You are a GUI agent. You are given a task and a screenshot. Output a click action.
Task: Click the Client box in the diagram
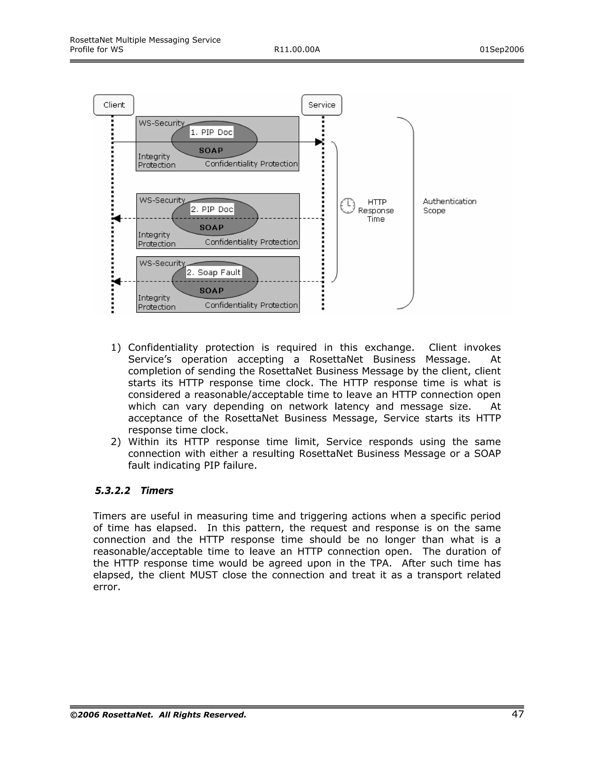[x=114, y=105]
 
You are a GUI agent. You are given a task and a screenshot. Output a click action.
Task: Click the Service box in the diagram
[x=322, y=105]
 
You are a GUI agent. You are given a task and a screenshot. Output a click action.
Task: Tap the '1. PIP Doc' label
[x=211, y=132]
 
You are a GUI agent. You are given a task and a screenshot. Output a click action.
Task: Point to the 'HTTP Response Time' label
[x=376, y=210]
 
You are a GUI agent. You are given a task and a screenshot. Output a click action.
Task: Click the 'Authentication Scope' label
[x=449, y=206]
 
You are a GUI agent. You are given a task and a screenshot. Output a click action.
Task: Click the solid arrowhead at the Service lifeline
[x=319, y=142]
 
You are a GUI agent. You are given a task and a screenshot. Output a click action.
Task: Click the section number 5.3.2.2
[x=112, y=491]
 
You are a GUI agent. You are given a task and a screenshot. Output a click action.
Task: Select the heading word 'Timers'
[x=157, y=491]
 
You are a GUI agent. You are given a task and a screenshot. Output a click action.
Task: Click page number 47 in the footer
[x=517, y=714]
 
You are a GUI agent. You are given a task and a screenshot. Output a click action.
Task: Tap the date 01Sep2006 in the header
[x=501, y=50]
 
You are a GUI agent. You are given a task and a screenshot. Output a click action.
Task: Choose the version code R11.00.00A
[x=297, y=50]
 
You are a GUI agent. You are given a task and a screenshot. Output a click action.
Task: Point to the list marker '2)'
[x=116, y=442]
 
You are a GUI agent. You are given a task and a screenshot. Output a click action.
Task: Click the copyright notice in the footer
[x=158, y=715]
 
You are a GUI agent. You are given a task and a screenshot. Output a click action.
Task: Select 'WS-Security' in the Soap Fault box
[x=162, y=263]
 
